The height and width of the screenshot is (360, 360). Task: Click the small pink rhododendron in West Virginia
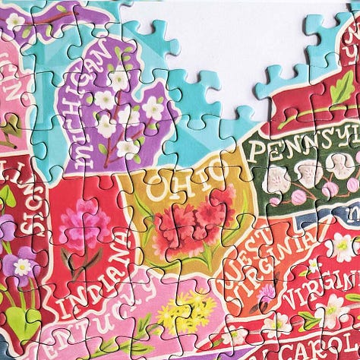267,292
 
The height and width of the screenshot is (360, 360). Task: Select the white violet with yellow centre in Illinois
24,267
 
